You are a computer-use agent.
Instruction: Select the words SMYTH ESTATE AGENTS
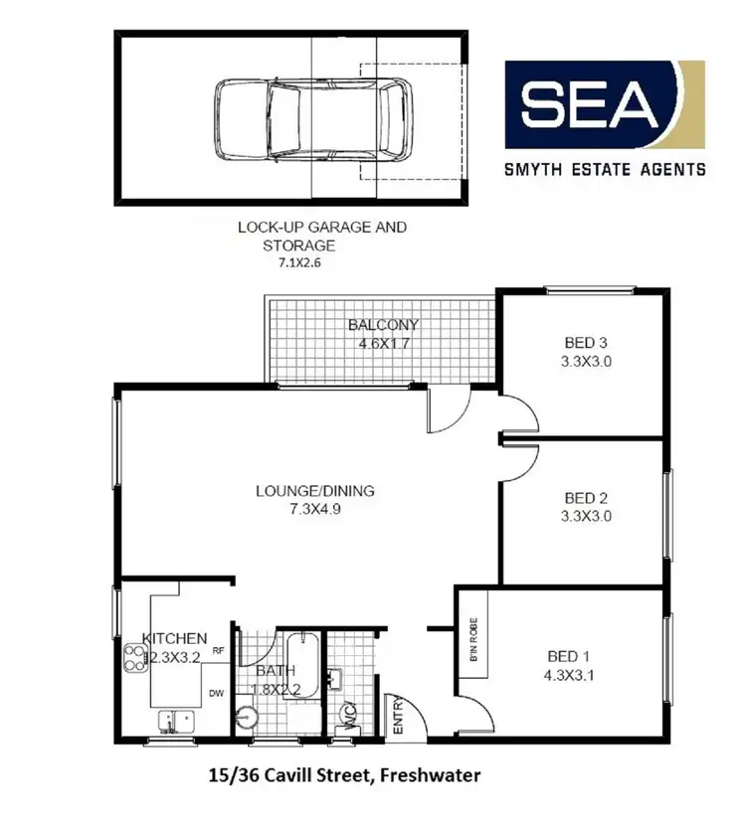pos(607,169)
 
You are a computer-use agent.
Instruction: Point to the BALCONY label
pos(383,325)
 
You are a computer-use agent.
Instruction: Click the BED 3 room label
pos(582,344)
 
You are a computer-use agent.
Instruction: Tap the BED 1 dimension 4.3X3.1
pos(569,674)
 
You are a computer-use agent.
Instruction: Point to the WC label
pos(349,714)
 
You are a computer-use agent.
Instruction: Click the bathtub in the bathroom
pos(307,665)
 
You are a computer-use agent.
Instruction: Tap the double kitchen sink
pos(175,721)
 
